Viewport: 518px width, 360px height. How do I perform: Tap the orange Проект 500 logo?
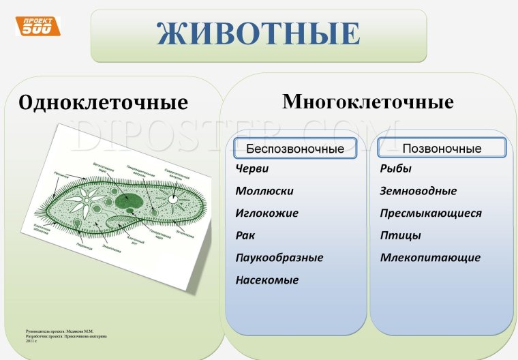coord(37,27)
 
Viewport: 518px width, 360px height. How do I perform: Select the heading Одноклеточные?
coord(104,103)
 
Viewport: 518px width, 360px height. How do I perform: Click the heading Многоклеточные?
coord(367,102)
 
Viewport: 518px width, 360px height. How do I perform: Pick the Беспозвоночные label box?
coord(295,149)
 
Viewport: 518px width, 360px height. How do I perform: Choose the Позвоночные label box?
coord(442,148)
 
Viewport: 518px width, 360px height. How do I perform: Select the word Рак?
coord(245,235)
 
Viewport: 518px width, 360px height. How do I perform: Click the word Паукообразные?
coord(279,258)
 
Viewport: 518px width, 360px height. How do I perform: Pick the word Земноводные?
coord(418,192)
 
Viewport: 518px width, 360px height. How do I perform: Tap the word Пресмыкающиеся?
coord(430,213)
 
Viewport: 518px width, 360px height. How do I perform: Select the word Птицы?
coord(400,235)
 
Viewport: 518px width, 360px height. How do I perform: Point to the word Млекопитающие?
coord(429,258)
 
